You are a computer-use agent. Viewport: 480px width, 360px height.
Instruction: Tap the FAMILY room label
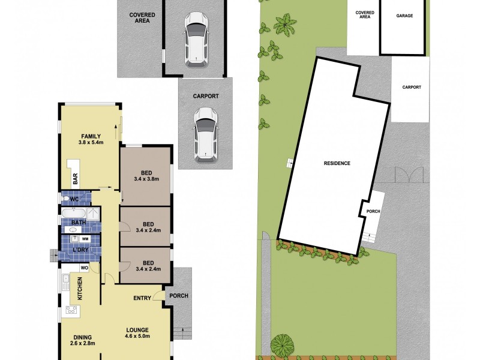tap(89, 136)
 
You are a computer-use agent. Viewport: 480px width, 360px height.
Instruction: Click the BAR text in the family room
tap(76, 179)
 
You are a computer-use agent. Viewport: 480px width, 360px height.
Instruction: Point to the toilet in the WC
tap(65, 199)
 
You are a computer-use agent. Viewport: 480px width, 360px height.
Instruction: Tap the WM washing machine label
tap(85, 239)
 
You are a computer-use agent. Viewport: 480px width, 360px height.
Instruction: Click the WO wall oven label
tap(85, 268)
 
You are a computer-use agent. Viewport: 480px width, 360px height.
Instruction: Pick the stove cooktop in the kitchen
tap(70, 311)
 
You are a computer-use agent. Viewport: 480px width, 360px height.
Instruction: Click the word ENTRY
tap(142, 298)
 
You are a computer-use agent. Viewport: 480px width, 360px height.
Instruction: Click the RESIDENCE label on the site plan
tap(337, 163)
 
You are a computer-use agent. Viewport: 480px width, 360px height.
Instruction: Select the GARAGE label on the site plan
tap(404, 16)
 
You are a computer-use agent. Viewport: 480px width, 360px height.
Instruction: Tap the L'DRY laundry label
tap(80, 249)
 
